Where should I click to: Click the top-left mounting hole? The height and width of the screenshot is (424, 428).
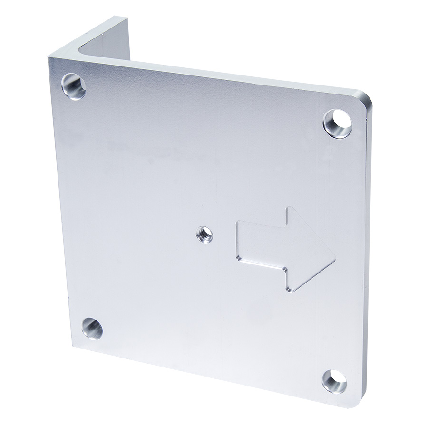coord(74,86)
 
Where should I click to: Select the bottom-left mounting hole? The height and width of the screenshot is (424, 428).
coord(92,328)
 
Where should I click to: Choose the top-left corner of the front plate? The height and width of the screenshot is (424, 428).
coord(49,58)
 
